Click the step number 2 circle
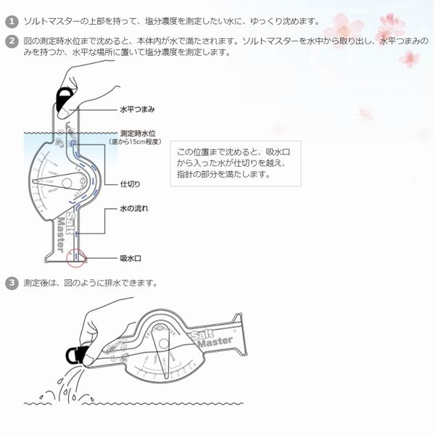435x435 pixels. (x=11, y=41)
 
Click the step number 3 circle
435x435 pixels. (x=11, y=282)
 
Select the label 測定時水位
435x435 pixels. (x=138, y=133)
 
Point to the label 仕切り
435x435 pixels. (x=129, y=184)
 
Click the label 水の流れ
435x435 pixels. (x=134, y=208)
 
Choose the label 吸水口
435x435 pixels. (x=130, y=257)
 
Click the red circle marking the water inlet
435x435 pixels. (x=76, y=257)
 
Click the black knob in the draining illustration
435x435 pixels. (x=75, y=355)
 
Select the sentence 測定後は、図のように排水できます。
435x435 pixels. (x=91, y=282)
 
